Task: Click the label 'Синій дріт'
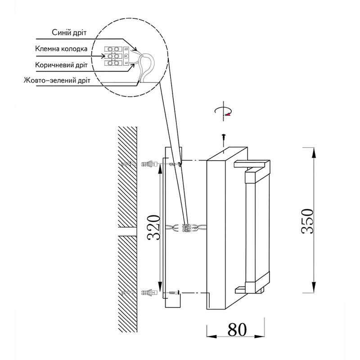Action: pos(69,33)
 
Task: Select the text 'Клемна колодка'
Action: pos(64,48)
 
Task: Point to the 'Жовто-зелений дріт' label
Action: pos(57,81)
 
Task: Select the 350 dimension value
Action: pos(307,220)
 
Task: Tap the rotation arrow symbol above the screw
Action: pos(224,112)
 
